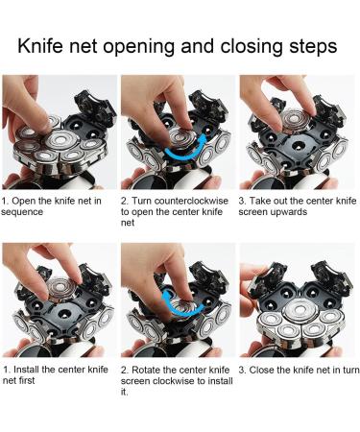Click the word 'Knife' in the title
[x=40, y=46]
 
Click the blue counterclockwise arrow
[x=185, y=148]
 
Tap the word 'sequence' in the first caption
[x=22, y=212]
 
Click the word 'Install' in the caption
[x=27, y=370]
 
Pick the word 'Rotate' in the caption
[x=146, y=370]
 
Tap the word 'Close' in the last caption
[x=261, y=370]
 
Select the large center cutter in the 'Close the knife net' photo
[x=300, y=310]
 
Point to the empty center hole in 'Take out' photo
[x=299, y=147]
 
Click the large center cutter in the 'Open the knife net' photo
[x=61, y=141]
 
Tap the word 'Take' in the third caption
[x=258, y=201]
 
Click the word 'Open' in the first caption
[x=23, y=202]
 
